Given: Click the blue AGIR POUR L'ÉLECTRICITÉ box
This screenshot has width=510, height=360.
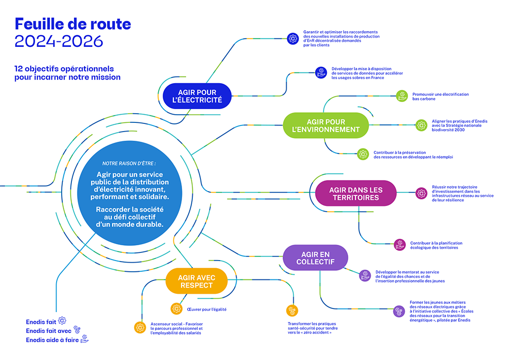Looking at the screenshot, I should [197, 96].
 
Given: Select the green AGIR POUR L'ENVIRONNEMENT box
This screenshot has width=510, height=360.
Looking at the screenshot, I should [326, 125].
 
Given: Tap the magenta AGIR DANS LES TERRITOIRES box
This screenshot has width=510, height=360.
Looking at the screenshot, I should [355, 193].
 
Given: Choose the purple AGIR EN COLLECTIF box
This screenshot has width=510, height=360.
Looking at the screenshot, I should [315, 258].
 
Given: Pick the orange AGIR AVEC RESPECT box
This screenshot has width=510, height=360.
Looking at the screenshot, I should [196, 281].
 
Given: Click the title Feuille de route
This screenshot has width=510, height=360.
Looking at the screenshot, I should [73, 23].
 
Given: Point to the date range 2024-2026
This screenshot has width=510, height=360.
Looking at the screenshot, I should [59, 41].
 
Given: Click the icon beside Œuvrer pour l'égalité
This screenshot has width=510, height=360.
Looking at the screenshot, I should [176, 309].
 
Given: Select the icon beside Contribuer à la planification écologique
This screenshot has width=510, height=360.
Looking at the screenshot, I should [400, 245].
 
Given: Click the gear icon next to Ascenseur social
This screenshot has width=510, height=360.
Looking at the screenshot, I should [140, 327].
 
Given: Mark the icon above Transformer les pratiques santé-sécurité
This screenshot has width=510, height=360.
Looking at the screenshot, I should [292, 311].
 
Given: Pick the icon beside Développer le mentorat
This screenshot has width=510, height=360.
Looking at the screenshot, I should [365, 275].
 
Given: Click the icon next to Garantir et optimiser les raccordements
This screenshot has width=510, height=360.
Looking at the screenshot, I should [293, 38].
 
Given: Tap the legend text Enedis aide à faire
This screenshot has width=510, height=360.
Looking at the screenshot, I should [53, 340].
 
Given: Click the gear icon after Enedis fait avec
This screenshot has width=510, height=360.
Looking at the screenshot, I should [77, 329].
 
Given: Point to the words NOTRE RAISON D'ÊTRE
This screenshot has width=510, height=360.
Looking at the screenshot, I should [129, 163].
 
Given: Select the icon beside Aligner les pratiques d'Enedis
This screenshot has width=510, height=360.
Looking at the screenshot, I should [421, 124].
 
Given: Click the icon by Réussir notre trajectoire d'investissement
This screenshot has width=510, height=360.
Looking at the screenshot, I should [421, 193].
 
